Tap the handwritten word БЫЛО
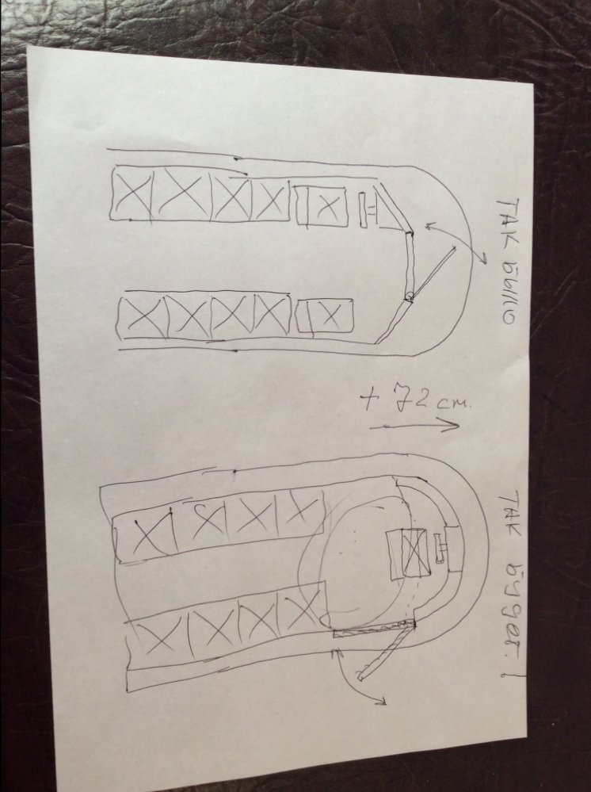506,289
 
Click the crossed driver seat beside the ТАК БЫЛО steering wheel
322,205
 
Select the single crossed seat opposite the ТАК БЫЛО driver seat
325,316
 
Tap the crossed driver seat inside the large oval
410,553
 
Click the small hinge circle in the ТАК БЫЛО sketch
409,297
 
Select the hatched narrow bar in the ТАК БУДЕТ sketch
372,629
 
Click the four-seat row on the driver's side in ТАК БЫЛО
200,196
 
